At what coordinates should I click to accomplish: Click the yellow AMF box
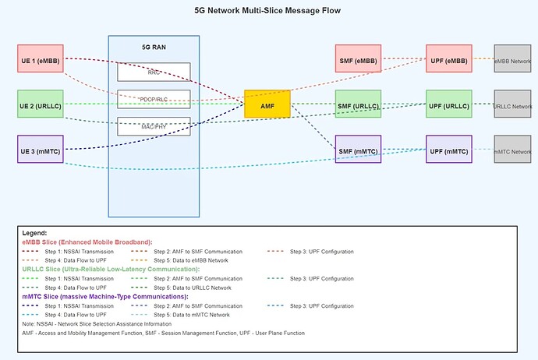[x=267, y=104]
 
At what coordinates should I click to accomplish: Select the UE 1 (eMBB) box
[x=41, y=59]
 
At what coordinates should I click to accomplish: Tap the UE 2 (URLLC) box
[x=41, y=104]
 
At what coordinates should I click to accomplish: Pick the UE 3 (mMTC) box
[x=41, y=149]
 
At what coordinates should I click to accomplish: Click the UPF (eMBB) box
[x=448, y=59]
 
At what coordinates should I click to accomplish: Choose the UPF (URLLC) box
[x=448, y=104]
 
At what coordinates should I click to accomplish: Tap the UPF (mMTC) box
[x=448, y=149]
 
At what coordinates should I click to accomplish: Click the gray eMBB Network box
[x=512, y=59]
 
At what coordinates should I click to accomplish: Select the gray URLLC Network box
[x=512, y=104]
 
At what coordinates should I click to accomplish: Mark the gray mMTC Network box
[x=512, y=149]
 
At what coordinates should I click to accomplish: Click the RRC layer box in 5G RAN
[x=154, y=72]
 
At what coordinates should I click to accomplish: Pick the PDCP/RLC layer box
[x=154, y=99]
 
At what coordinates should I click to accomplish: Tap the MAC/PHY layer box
[x=154, y=125]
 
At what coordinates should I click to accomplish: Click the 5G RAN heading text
[x=154, y=47]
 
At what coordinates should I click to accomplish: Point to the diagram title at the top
[x=267, y=11]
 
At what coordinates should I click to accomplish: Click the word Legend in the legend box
[x=34, y=233]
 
